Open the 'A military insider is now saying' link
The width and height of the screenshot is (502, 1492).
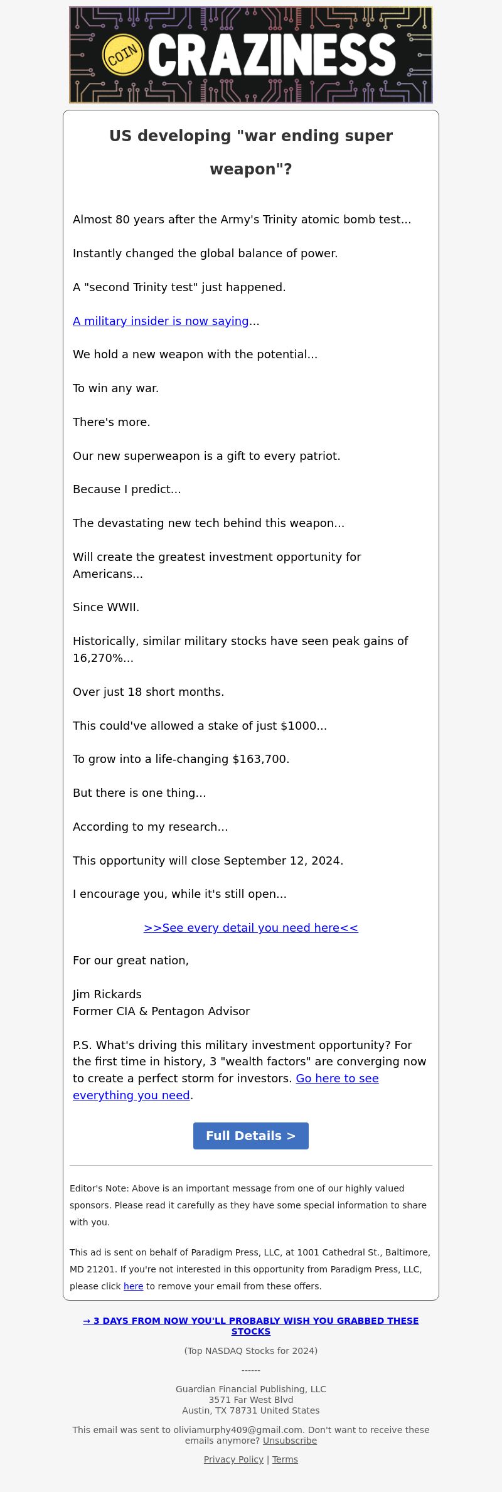tap(161, 321)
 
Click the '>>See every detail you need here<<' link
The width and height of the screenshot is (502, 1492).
tap(251, 928)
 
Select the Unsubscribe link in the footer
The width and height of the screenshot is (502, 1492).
tap(290, 1441)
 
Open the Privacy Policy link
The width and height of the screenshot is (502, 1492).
tap(233, 1459)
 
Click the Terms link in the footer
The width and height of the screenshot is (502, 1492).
tap(285, 1459)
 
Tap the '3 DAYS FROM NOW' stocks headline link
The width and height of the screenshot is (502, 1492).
tap(251, 1326)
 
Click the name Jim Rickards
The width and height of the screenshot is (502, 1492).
tap(107, 994)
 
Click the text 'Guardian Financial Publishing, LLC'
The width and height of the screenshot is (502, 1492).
tap(251, 1389)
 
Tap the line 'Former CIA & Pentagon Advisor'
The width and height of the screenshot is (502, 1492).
tap(161, 1011)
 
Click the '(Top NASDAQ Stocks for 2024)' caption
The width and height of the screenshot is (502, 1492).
tap(251, 1351)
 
